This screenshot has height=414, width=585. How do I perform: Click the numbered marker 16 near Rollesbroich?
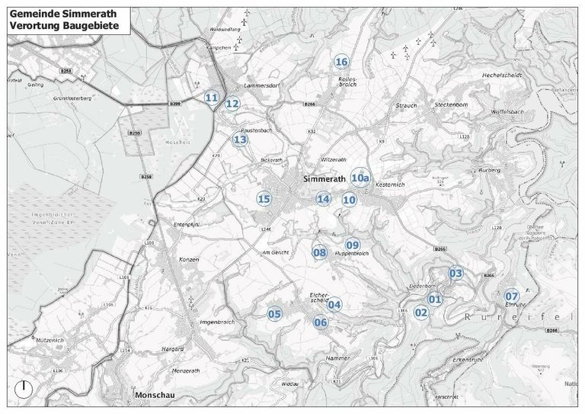(341, 62)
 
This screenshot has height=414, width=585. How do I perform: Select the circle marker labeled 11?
(212, 98)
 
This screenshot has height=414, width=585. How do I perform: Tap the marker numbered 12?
(232, 104)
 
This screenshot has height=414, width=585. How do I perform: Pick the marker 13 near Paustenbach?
(241, 140)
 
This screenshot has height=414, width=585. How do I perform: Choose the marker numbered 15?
(264, 200)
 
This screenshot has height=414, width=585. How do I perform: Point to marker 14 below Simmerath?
(324, 199)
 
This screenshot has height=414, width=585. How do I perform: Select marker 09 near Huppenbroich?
(353, 244)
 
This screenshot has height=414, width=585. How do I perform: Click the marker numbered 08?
(319, 253)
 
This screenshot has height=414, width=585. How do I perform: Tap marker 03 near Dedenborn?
(456, 273)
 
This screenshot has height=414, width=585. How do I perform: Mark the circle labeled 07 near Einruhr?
(512, 296)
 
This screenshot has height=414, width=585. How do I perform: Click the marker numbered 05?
(274, 314)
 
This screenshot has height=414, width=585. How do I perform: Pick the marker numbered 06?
(321, 323)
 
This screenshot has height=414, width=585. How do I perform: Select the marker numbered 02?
(420, 312)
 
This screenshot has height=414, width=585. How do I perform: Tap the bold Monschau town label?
(158, 396)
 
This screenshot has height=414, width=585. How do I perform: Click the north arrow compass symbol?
(24, 387)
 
